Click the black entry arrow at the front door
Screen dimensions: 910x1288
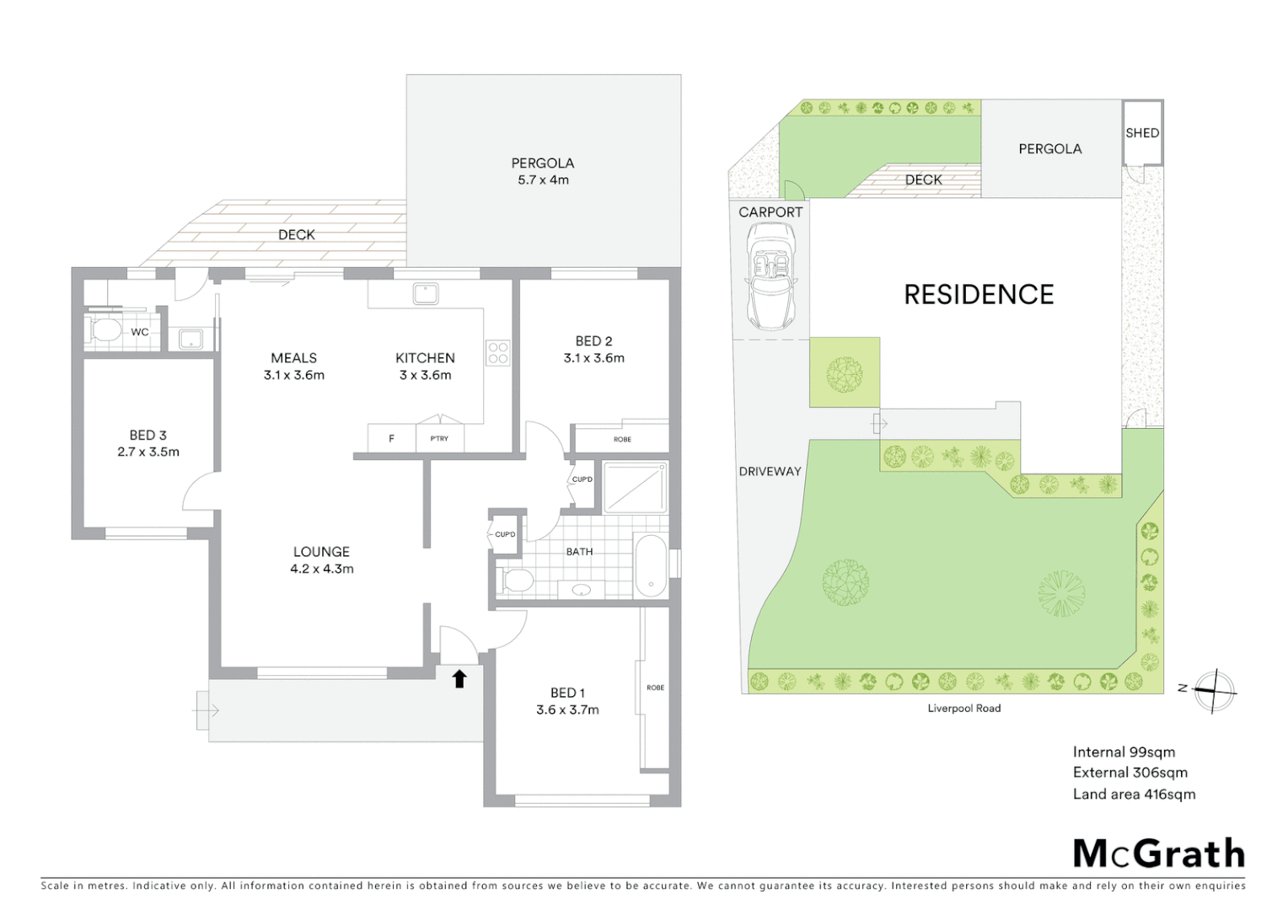coord(459,678)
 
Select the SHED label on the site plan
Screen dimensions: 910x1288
coord(1142,133)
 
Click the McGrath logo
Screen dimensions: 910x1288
coord(1159,854)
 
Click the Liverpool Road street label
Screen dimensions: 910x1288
coord(964,709)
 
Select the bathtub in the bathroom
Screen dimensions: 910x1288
coord(651,565)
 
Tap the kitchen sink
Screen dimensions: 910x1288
coord(425,293)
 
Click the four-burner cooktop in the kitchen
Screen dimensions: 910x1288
coord(498,352)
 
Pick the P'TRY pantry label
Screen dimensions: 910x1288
coord(439,438)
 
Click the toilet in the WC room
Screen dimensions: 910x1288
coord(105,330)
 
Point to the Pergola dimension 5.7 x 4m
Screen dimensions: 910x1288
coord(543,180)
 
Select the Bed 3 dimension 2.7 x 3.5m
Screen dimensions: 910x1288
coord(148,452)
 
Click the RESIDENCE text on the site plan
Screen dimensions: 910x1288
coord(979,295)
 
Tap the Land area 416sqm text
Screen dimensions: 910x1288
coord(1134,794)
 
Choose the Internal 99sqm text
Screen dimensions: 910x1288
coord(1124,752)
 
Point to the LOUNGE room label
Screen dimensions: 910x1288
coord(321,552)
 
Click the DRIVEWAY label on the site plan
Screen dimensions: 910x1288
coord(770,472)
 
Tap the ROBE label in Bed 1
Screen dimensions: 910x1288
coord(655,688)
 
